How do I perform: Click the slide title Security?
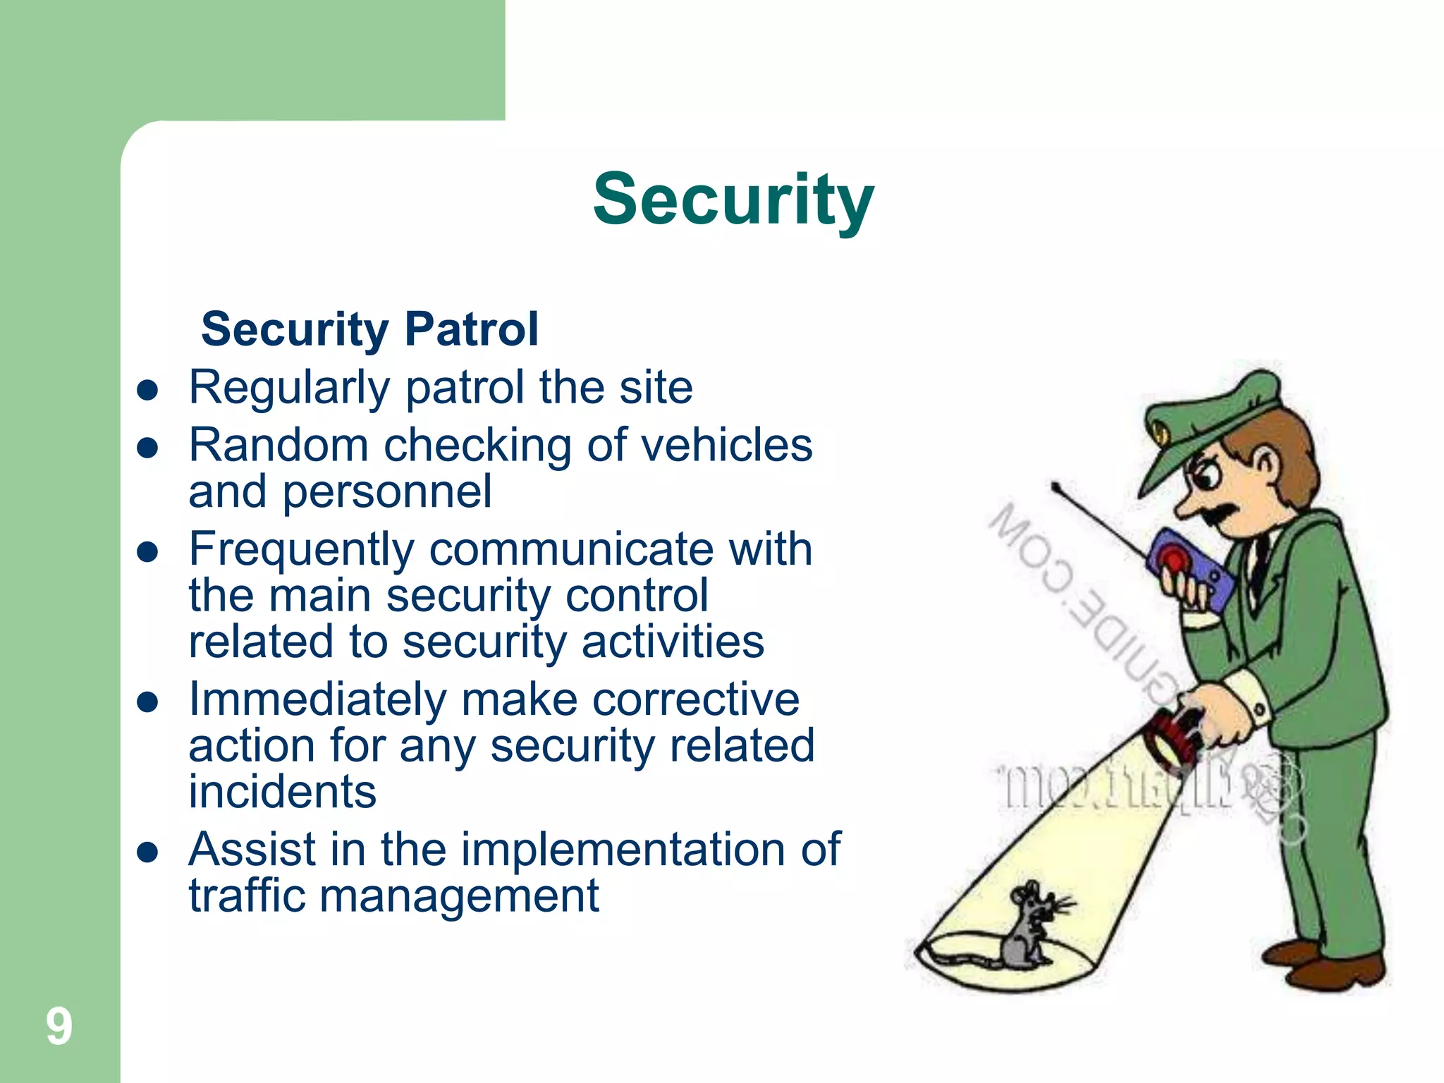[x=733, y=200]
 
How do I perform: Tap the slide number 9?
[x=59, y=1027]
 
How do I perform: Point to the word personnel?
[x=387, y=491]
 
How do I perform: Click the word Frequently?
[x=302, y=550]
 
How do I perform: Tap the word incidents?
[x=282, y=792]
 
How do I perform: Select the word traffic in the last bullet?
[x=246, y=896]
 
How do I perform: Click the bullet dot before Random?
[x=147, y=448]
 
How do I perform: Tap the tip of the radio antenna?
[x=1056, y=486]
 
